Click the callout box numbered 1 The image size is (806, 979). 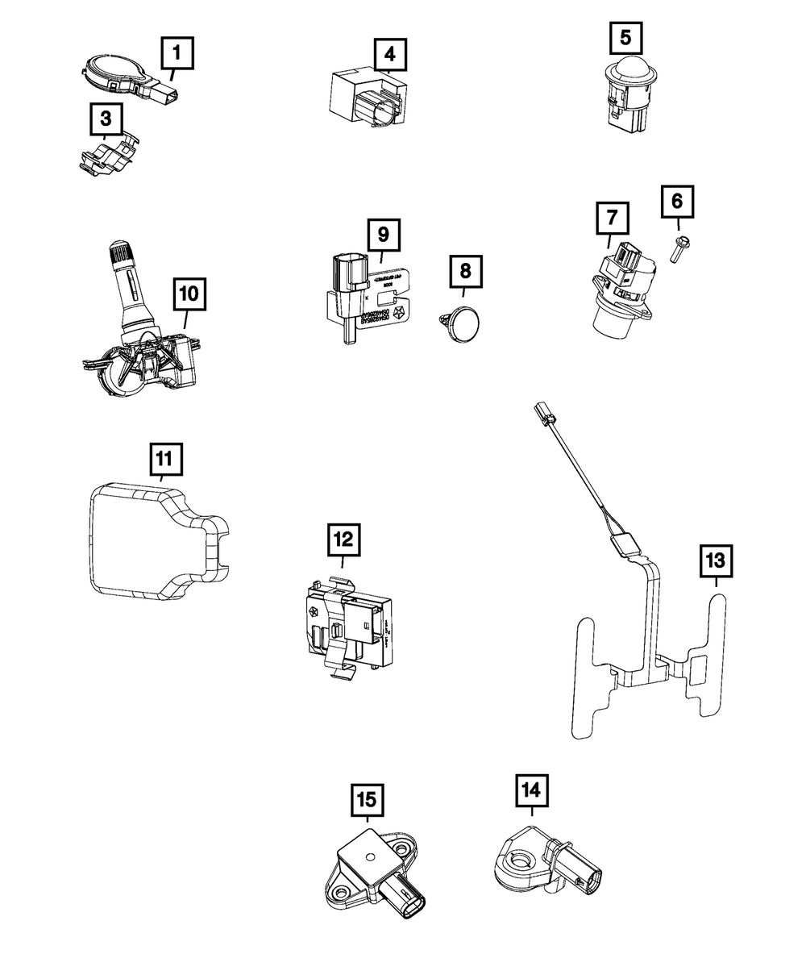(x=177, y=56)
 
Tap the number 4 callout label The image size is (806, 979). (x=390, y=55)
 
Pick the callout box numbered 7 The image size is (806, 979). (x=613, y=218)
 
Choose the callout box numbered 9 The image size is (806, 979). (x=384, y=235)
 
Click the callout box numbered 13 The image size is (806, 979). (x=716, y=560)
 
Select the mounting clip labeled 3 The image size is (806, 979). (x=110, y=155)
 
